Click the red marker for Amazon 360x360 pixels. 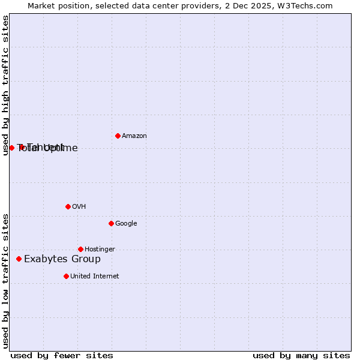point(118,136)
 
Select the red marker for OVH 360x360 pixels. point(68,206)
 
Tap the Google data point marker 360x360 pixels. point(111,223)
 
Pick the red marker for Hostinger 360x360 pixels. point(80,249)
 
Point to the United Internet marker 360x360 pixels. point(66,276)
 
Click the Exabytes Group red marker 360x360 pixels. point(19,259)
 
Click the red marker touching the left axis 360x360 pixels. point(11,148)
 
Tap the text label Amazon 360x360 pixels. point(134,136)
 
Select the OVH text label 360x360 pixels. point(79,207)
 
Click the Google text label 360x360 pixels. point(126,224)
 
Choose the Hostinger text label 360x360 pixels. point(100,250)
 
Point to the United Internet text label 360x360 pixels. point(95,277)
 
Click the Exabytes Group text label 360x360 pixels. point(62,259)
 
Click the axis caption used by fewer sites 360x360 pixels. point(62,355)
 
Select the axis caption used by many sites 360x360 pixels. point(301,355)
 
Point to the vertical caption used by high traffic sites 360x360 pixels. point(6,85)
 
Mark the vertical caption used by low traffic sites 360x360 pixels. point(6,281)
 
